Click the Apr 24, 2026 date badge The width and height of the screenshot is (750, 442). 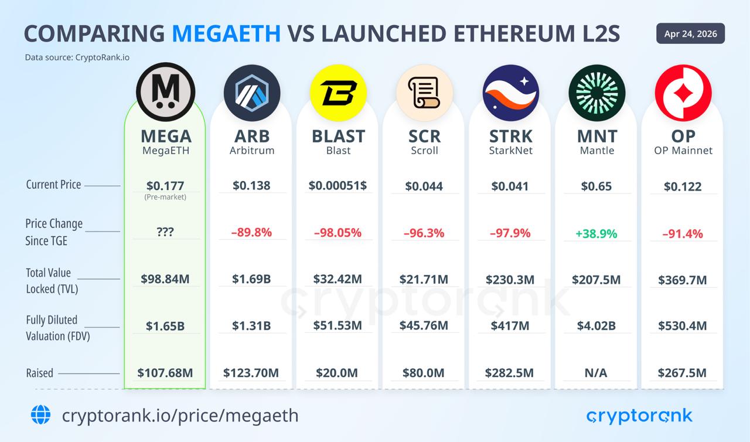pyautogui.click(x=690, y=33)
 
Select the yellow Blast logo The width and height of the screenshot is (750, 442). pyautogui.click(x=338, y=93)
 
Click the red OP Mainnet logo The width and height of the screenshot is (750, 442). pyautogui.click(x=683, y=93)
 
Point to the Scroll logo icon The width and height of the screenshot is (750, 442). pyautogui.click(x=424, y=93)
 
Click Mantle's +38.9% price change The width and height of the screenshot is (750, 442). pyautogui.click(x=596, y=233)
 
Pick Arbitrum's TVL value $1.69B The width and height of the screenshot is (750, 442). pyautogui.click(x=251, y=279)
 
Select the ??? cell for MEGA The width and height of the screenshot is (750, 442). pyautogui.click(x=165, y=232)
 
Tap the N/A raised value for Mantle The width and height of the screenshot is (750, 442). pyautogui.click(x=596, y=373)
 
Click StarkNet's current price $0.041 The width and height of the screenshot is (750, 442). pyautogui.click(x=510, y=186)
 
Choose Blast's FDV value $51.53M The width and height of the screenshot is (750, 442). pyautogui.click(x=337, y=325)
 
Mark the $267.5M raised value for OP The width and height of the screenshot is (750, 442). pyautogui.click(x=682, y=373)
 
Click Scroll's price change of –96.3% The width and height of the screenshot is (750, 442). pyautogui.click(x=424, y=233)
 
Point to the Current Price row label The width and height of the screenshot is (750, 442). pyautogui.click(x=53, y=185)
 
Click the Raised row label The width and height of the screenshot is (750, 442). pyautogui.click(x=39, y=373)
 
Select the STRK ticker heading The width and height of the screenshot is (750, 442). pyautogui.click(x=510, y=136)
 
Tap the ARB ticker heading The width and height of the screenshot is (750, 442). pyautogui.click(x=252, y=136)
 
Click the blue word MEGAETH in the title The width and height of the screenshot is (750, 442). pyautogui.click(x=226, y=34)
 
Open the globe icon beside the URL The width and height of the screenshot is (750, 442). pyautogui.click(x=41, y=415)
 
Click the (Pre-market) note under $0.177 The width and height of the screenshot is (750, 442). pyautogui.click(x=165, y=198)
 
